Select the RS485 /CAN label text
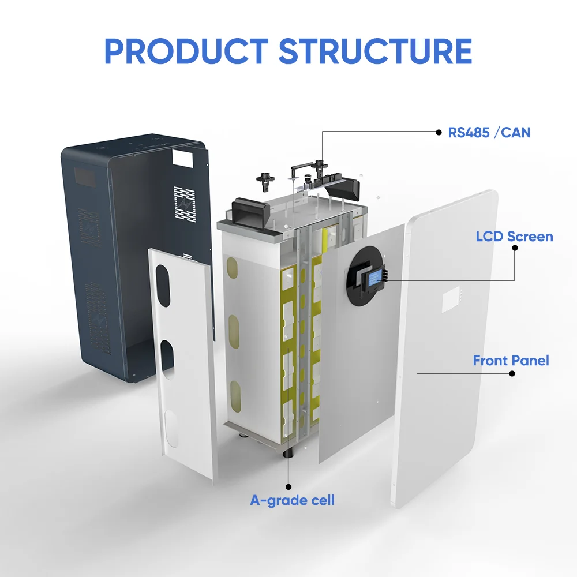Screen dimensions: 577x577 (x=489, y=132)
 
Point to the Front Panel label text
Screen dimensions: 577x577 (x=511, y=361)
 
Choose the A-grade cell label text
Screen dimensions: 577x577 (x=292, y=500)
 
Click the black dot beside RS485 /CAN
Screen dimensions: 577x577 (x=438, y=132)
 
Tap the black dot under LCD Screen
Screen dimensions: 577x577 (x=515, y=248)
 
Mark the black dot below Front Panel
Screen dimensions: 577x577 (x=512, y=373)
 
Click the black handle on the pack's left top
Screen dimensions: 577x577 (x=248, y=208)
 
